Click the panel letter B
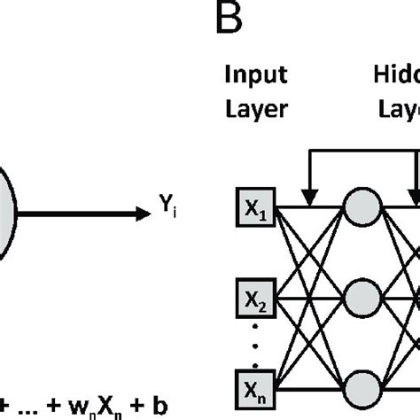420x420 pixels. pos(229,19)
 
